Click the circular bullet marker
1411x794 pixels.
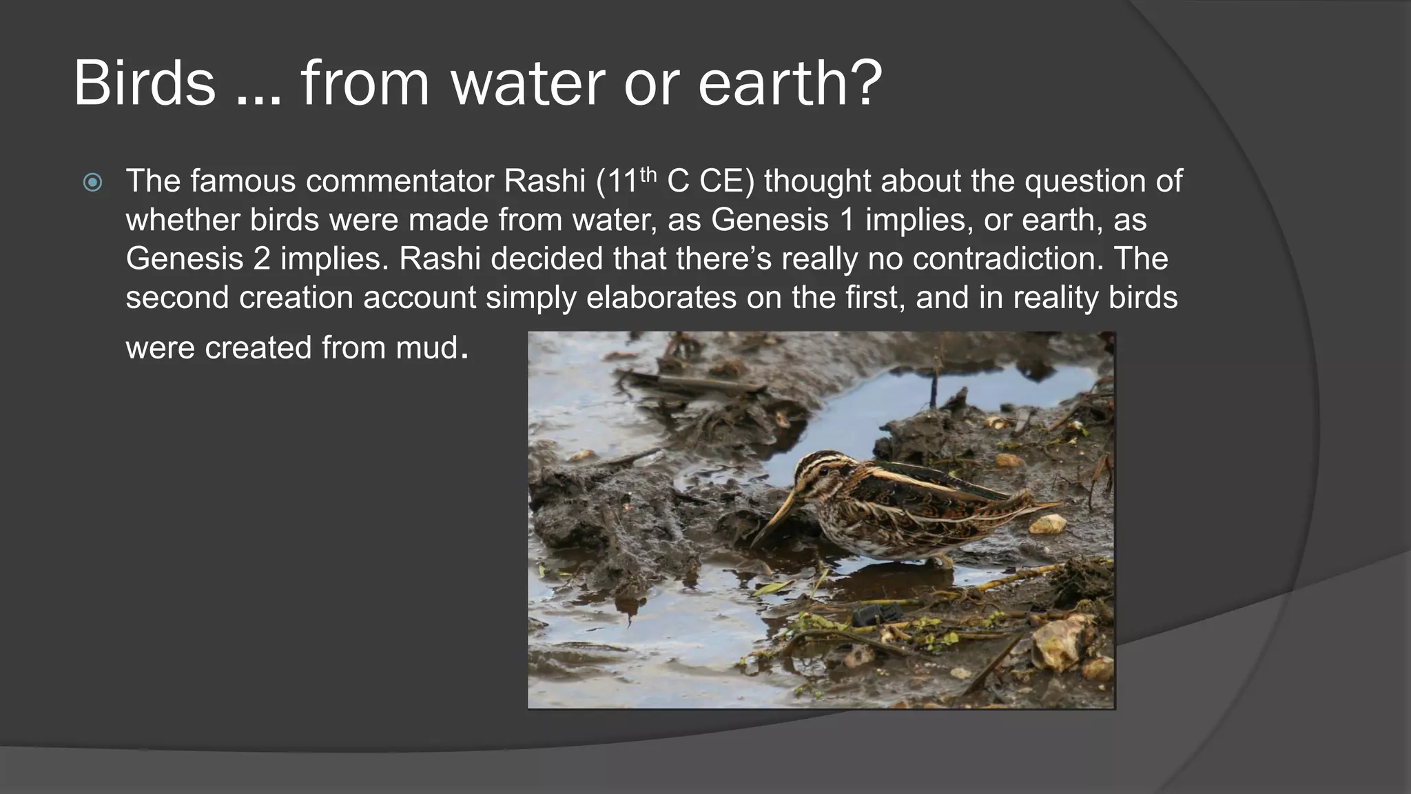coord(92,183)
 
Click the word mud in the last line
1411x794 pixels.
coord(427,347)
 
